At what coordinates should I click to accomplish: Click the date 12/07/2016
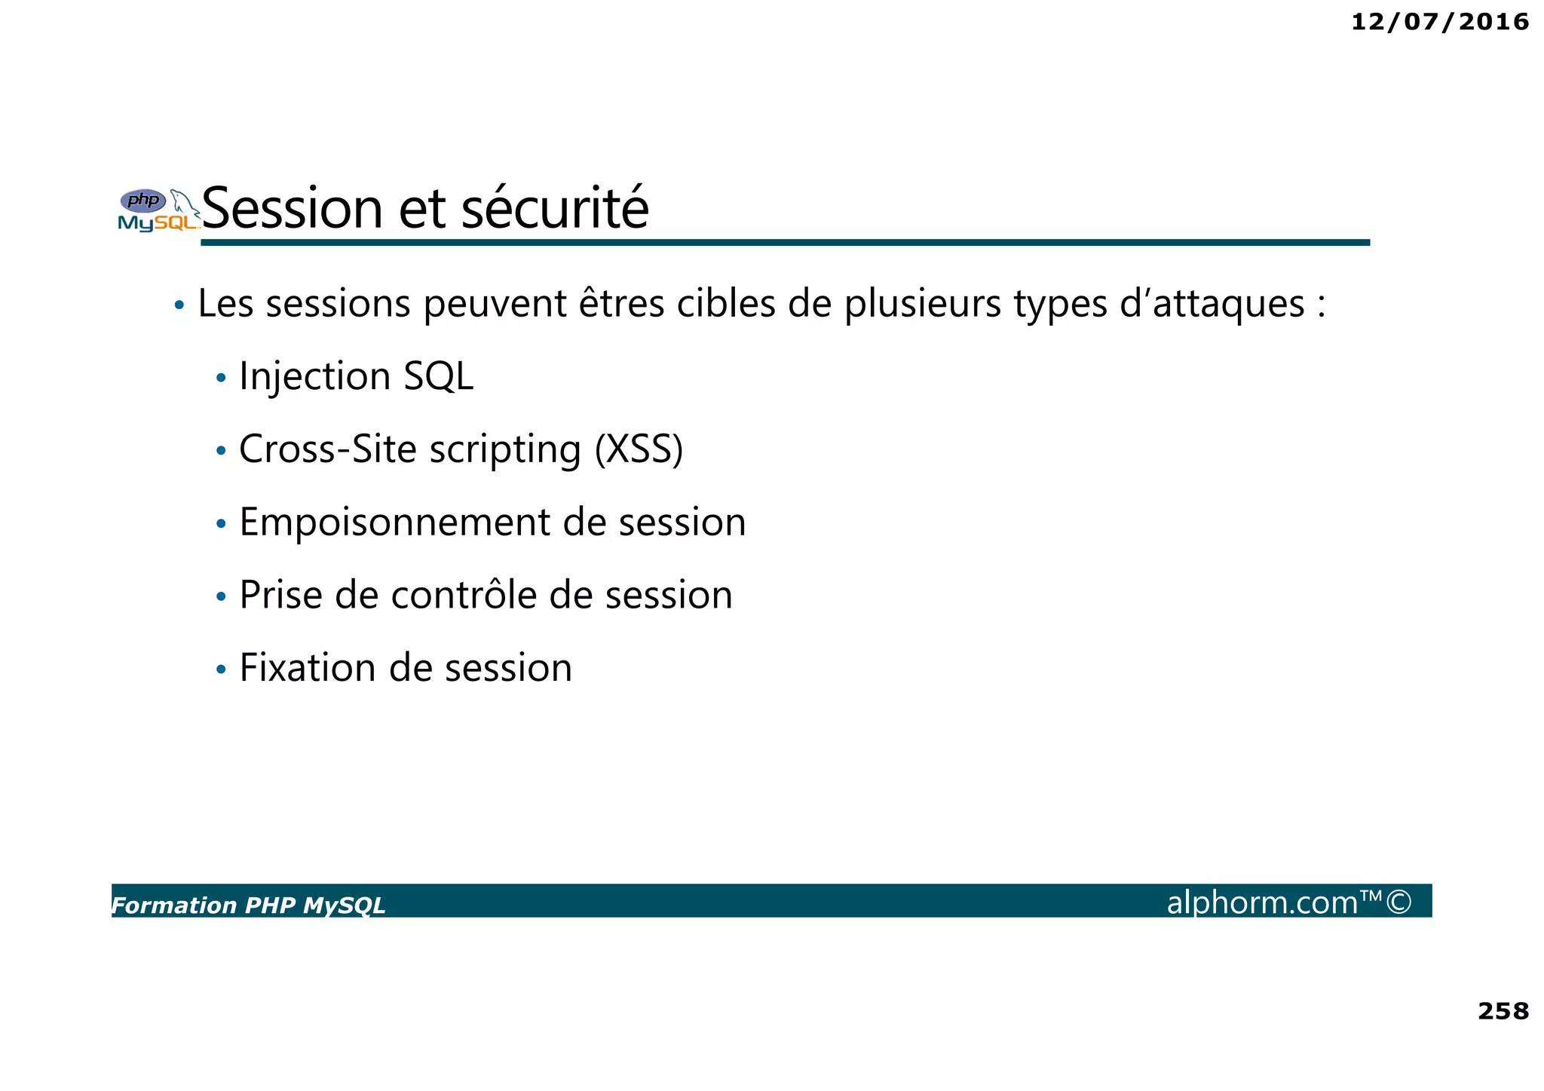[1439, 22]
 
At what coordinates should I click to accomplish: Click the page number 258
[1503, 1011]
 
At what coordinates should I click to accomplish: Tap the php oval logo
[143, 201]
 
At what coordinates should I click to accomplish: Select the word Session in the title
[293, 209]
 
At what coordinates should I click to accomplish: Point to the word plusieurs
[923, 305]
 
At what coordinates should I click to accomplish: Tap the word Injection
[314, 376]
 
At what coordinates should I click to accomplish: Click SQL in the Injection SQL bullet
[438, 376]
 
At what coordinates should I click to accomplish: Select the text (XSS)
[639, 449]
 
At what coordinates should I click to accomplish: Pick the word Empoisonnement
[394, 523]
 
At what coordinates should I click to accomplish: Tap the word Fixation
[307, 668]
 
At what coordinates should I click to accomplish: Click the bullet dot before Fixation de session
[221, 670]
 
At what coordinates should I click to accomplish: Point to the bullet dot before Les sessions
[179, 305]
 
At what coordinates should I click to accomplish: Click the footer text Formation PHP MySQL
[248, 906]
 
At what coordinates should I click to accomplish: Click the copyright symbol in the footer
[1398, 902]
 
